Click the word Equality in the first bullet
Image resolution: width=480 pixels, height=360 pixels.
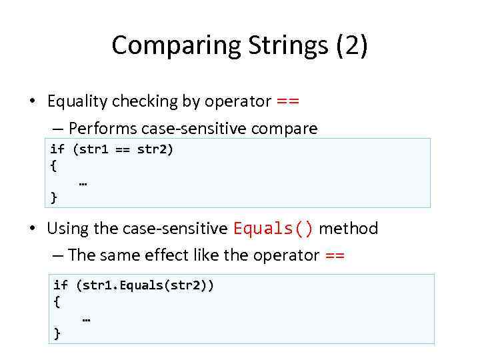[76, 101]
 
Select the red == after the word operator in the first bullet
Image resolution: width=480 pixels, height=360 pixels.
[287, 101]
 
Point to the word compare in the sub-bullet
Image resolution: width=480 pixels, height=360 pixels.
[288, 128]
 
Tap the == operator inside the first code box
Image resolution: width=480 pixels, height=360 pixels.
[122, 149]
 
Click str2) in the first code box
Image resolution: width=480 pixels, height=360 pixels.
[155, 149]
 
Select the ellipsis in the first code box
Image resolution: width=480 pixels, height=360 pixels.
[83, 181]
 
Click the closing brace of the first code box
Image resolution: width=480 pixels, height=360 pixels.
[54, 197]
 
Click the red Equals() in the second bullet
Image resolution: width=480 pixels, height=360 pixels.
[273, 229]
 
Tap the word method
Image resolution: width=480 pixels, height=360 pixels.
[348, 229]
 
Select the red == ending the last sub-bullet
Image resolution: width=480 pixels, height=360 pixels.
[334, 255]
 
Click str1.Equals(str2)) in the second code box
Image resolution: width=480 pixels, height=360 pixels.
[145, 285]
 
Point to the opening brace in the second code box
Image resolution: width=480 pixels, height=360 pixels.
[57, 301]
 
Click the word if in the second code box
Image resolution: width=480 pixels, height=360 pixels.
[61, 285]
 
